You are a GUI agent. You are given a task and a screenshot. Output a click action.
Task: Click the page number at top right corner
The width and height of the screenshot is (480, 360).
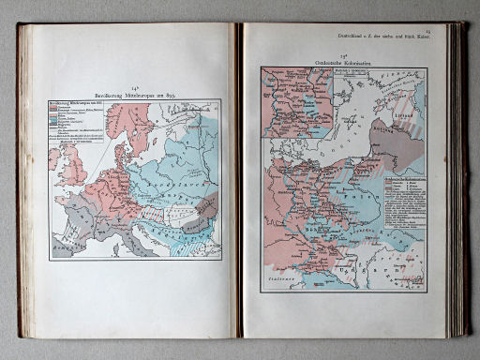452,31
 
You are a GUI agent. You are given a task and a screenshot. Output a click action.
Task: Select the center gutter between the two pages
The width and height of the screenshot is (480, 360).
239,187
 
